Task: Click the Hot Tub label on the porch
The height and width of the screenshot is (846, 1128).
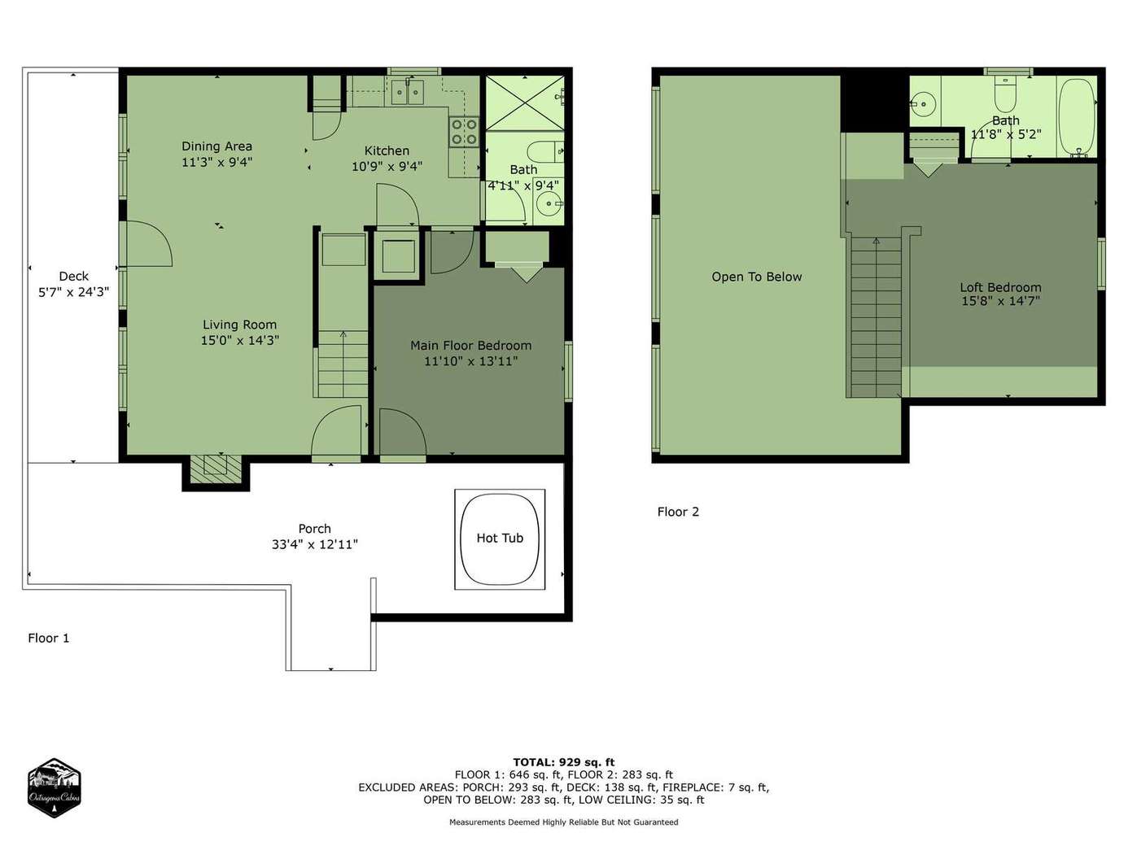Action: (500, 538)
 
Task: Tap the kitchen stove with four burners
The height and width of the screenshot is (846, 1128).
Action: (464, 132)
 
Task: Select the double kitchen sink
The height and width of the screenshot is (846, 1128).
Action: (407, 92)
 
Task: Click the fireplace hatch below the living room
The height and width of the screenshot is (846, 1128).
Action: (216, 469)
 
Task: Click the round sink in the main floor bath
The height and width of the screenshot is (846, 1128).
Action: (549, 204)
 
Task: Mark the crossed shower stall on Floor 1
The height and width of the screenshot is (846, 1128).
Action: (525, 102)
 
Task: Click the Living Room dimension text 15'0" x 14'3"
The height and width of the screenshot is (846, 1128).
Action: (239, 340)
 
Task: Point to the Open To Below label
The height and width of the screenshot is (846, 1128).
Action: (756, 277)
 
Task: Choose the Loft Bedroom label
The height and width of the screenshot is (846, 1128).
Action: (1000, 287)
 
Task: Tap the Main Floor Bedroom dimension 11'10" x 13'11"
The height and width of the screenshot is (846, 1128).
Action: (470, 361)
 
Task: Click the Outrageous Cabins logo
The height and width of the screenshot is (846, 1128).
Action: (54, 787)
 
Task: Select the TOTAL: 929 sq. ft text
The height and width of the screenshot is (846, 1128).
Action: (564, 762)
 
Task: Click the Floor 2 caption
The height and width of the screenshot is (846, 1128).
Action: (678, 512)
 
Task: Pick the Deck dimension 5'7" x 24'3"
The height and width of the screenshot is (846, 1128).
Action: (74, 292)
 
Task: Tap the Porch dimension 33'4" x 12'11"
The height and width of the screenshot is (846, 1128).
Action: (314, 544)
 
